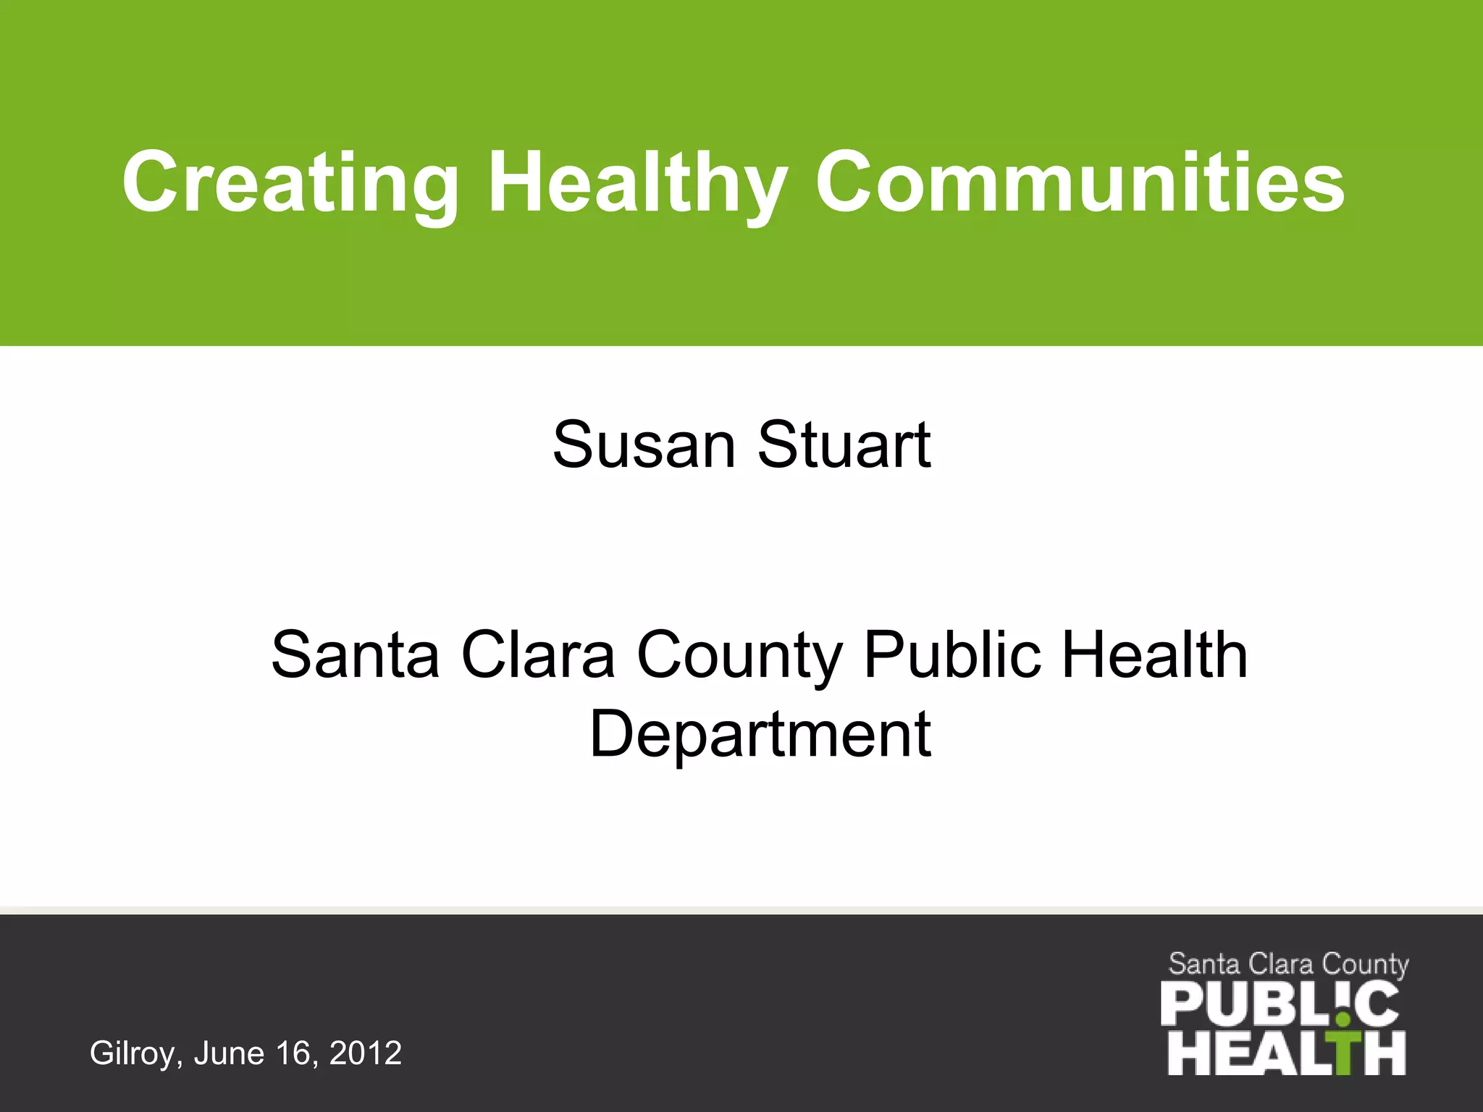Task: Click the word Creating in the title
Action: [290, 182]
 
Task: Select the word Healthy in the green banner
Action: [637, 182]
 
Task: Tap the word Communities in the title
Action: [1079, 182]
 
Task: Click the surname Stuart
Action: [844, 445]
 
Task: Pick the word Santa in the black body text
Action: [355, 654]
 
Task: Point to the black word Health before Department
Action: [1154, 654]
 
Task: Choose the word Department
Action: [760, 736]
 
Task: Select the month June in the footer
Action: [229, 1053]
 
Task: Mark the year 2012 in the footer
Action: [365, 1053]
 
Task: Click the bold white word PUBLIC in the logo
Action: [1279, 1003]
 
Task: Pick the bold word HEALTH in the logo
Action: [1286, 1053]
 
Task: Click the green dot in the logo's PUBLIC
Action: [1344, 1020]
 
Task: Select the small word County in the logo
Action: [1365, 965]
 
